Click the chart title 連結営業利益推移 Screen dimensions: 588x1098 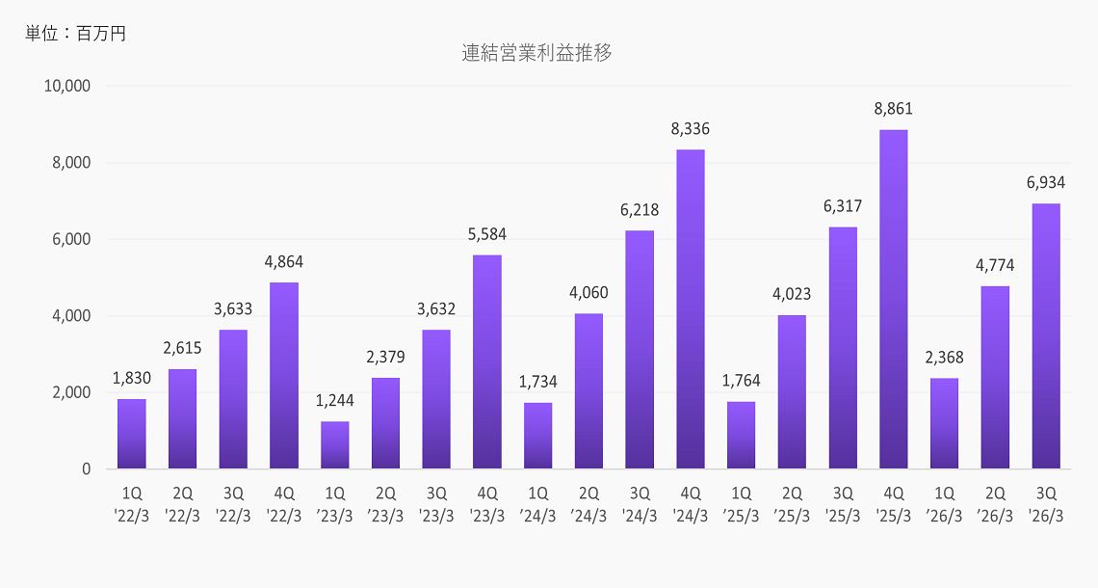pyautogui.click(x=536, y=53)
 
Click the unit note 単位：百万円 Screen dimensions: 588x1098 pyautogui.click(x=76, y=34)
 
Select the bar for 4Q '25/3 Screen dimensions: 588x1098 pyautogui.click(x=893, y=300)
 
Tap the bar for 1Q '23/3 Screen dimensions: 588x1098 pyautogui.click(x=334, y=445)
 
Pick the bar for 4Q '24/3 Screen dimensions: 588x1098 pyautogui.click(x=690, y=309)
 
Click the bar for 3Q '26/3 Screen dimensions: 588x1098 pyautogui.click(x=1045, y=336)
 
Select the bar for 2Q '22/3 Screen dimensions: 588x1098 pyautogui.click(x=182, y=419)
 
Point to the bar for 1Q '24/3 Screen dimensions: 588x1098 pyautogui.click(x=537, y=436)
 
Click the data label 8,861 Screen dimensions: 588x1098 pyautogui.click(x=893, y=109)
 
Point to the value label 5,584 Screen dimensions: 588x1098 pyautogui.click(x=486, y=234)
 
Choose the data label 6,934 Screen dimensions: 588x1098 pyautogui.click(x=1045, y=182)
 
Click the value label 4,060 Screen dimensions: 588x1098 pyautogui.click(x=588, y=293)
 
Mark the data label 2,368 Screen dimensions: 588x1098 pyautogui.click(x=944, y=358)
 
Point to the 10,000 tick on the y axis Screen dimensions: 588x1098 pyautogui.click(x=67, y=86)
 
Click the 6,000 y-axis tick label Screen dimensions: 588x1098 pyautogui.click(x=72, y=239)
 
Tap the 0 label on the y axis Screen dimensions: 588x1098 pyautogui.click(x=86, y=469)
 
